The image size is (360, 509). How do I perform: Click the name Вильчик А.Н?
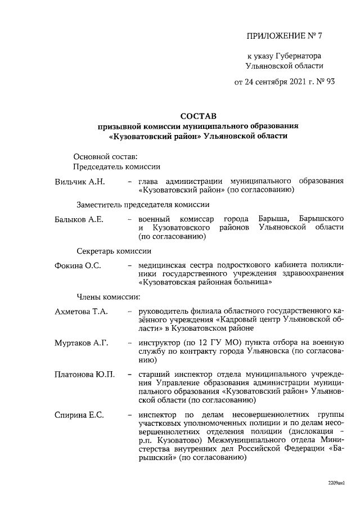(80, 182)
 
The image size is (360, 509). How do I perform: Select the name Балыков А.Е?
(79, 218)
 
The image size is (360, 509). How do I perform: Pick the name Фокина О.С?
(78, 265)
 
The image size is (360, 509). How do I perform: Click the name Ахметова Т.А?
(82, 311)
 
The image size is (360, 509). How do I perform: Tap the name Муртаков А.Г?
(82, 343)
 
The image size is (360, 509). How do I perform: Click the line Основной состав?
(105, 156)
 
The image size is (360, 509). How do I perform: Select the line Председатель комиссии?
(117, 166)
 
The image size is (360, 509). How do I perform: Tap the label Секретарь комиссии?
(114, 251)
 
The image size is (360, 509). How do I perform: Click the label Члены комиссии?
(109, 296)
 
